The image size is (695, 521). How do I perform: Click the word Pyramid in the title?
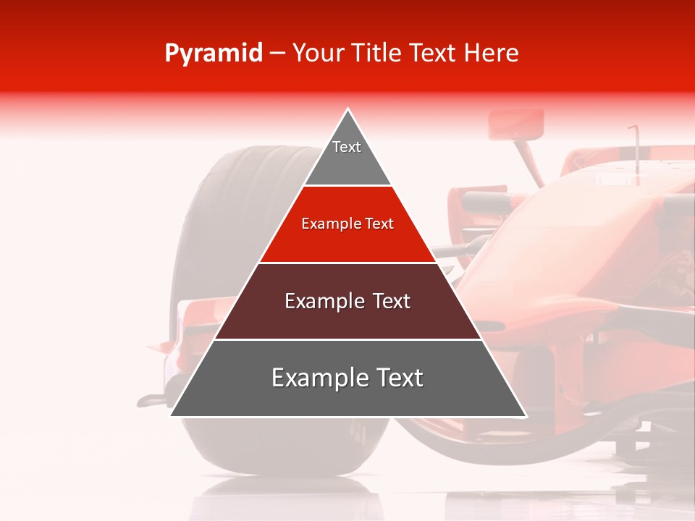coord(213,54)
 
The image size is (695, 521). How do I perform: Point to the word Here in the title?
coord(492,53)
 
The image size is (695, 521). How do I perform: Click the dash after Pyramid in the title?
coord(277,54)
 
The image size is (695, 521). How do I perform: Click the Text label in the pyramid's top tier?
coord(347,147)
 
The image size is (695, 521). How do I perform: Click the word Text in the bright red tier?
coord(379,224)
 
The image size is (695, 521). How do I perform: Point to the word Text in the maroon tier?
coord(392,301)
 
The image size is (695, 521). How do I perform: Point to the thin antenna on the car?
coord(636,148)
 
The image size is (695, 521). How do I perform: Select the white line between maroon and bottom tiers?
coord(348,339)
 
